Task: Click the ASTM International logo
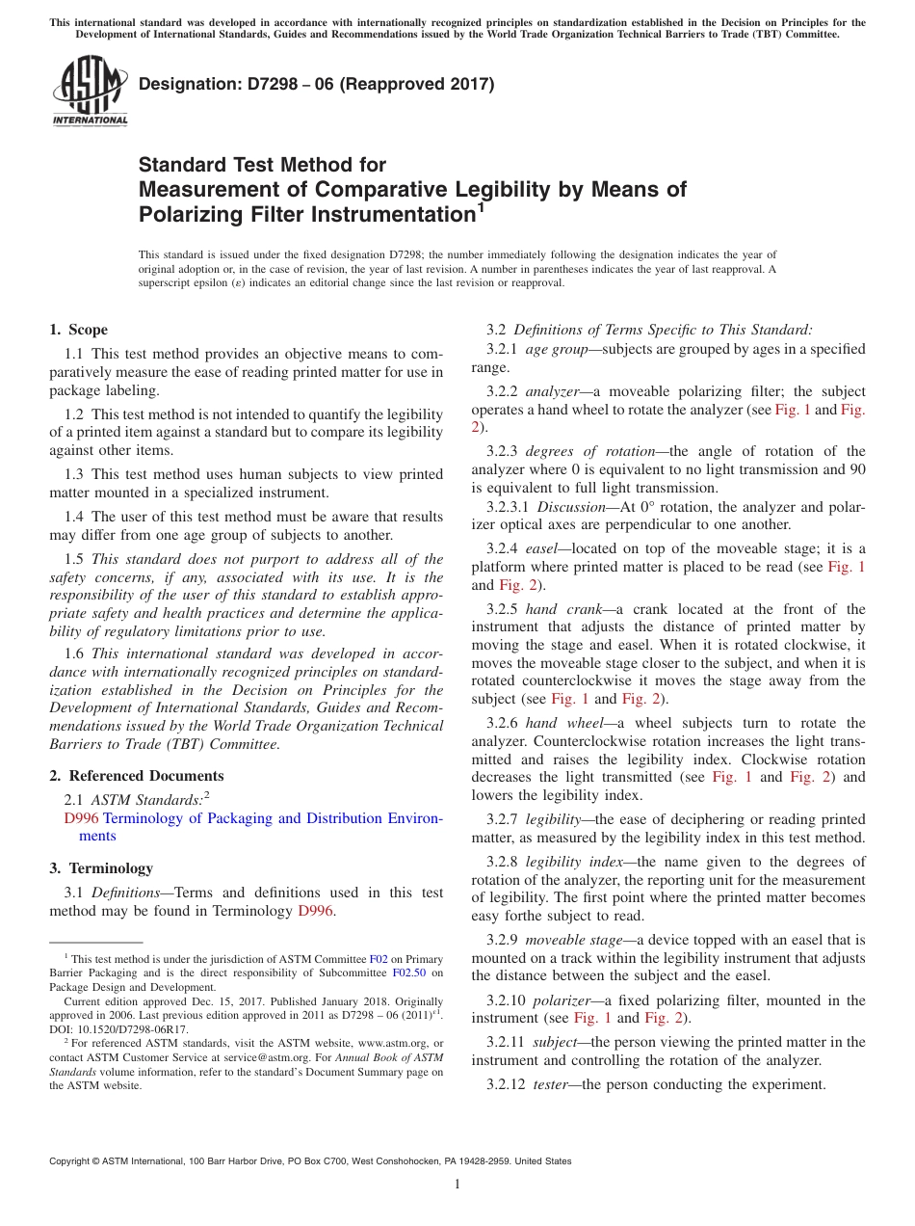(x=89, y=93)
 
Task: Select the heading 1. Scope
(x=78, y=330)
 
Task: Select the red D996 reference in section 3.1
(x=316, y=911)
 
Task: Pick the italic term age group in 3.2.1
(x=556, y=349)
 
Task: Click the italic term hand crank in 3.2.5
(x=556, y=609)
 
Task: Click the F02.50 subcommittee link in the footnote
(x=411, y=973)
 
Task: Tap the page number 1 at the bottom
(x=457, y=1185)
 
